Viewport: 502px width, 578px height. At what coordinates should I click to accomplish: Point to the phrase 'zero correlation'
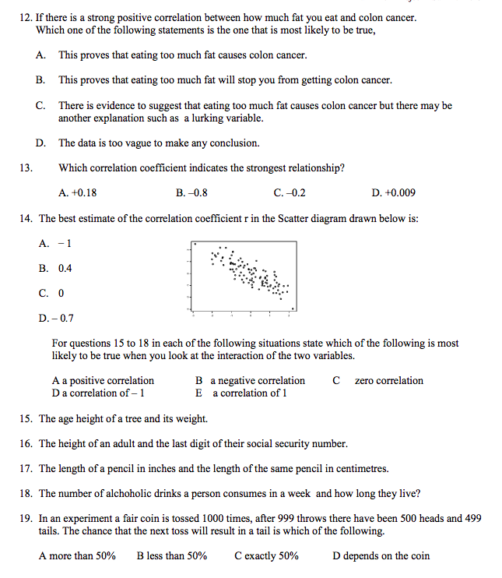388,381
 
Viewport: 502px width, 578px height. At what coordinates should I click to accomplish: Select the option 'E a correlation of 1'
241,393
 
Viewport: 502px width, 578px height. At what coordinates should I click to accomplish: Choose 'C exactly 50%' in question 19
265,555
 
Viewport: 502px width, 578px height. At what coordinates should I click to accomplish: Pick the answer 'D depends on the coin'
381,555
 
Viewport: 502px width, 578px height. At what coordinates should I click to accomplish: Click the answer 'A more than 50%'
77,555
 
